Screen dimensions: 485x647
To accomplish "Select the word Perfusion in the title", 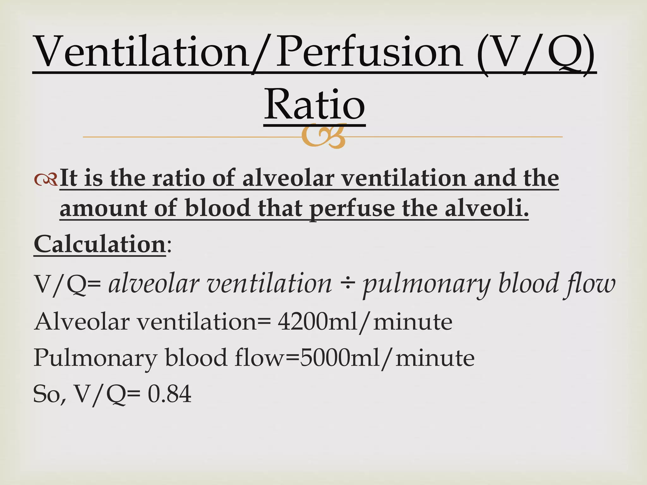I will point(370,52).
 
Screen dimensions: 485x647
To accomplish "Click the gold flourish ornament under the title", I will point(323,136).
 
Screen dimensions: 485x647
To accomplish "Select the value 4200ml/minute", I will point(365,322).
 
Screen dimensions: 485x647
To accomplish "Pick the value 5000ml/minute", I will point(387,358).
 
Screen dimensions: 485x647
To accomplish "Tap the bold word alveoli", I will point(487,209).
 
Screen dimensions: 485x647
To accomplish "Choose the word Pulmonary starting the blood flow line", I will point(95,358).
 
